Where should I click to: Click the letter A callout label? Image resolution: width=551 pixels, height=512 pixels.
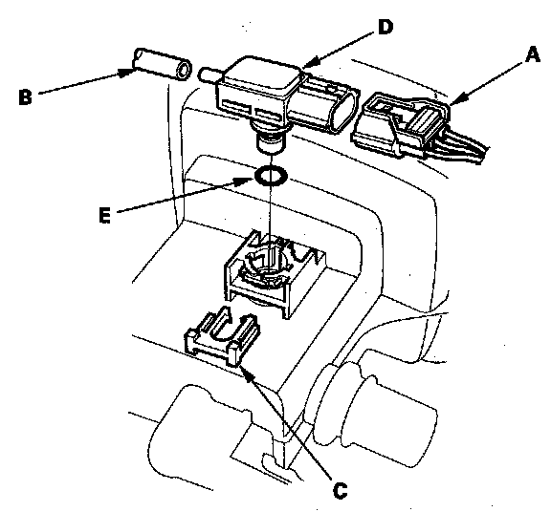[533, 55]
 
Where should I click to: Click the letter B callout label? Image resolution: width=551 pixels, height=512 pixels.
[25, 97]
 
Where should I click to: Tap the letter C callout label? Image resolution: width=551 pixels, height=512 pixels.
[340, 491]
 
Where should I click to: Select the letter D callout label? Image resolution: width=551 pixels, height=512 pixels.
[386, 27]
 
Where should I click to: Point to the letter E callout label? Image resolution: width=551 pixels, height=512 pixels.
[104, 215]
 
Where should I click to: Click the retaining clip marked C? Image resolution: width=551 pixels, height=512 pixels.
[223, 336]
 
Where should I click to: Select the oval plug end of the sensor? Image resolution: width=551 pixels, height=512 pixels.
[343, 110]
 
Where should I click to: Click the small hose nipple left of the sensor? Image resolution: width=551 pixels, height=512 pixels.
[210, 75]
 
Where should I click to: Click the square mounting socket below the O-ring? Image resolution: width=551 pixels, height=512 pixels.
[275, 273]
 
